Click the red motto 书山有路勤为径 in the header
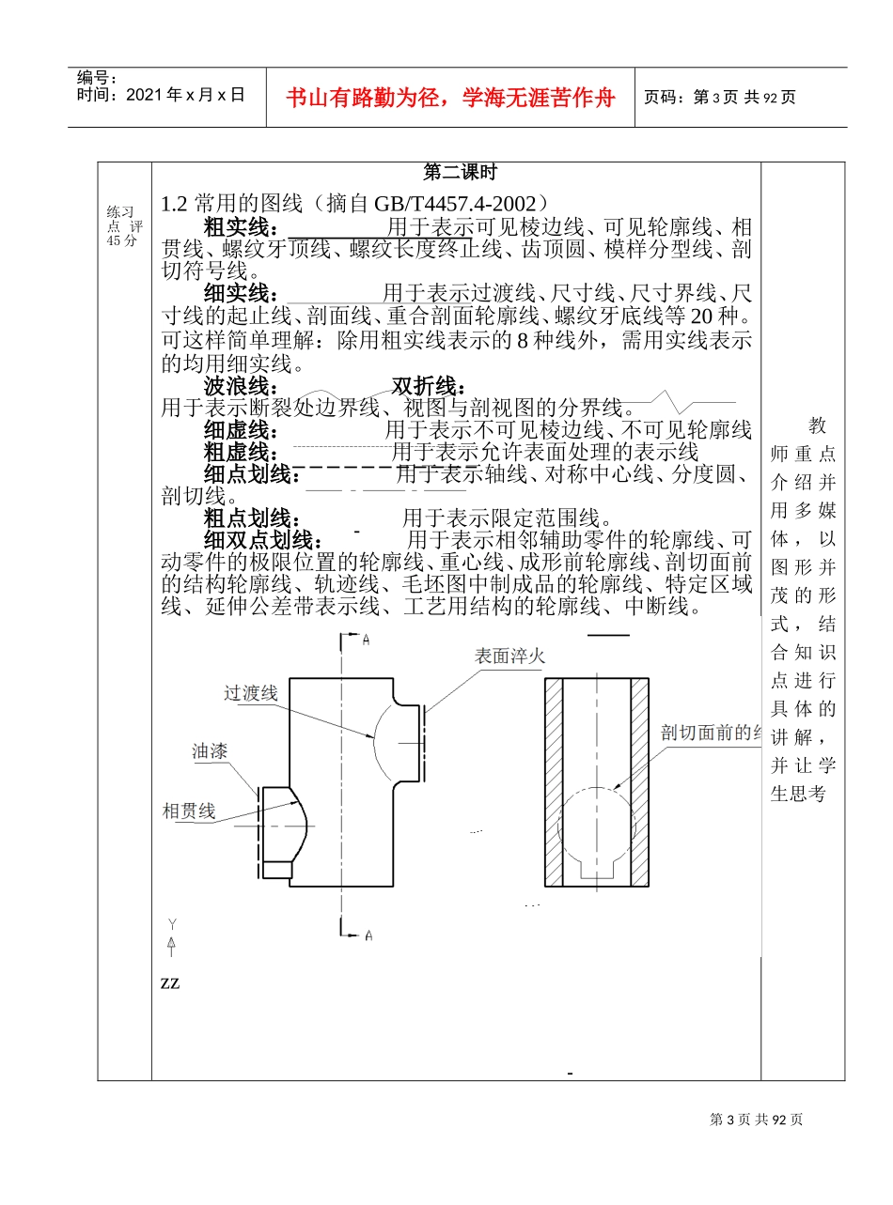tap(450, 98)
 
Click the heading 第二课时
tap(461, 173)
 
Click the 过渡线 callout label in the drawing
tap(251, 693)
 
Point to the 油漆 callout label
tap(210, 751)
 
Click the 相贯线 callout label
tap(189, 811)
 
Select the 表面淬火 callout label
tap(509, 656)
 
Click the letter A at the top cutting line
tap(367, 640)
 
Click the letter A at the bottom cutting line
tap(368, 935)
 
